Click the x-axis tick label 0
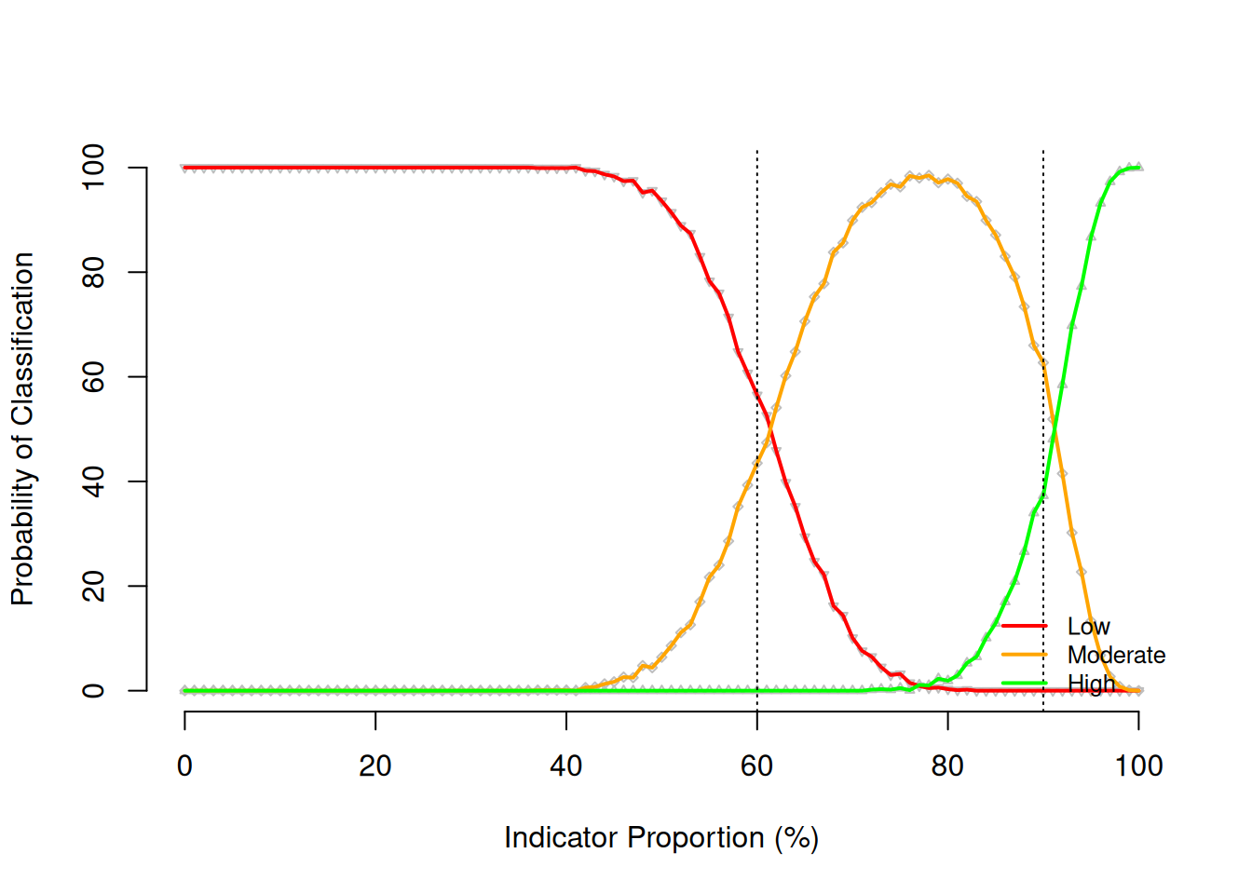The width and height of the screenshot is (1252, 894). (x=184, y=766)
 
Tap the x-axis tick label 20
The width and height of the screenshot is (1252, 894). (x=375, y=766)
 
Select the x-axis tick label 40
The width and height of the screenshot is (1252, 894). (x=566, y=766)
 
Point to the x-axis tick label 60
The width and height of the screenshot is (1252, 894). (x=757, y=766)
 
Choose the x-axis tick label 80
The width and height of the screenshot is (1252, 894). (x=947, y=766)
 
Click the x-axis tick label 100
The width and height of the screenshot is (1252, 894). (x=1138, y=766)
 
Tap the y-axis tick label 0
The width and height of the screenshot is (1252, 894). (x=93, y=691)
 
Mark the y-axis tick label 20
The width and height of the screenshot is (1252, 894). (x=93, y=587)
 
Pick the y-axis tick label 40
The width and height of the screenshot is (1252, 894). (x=93, y=481)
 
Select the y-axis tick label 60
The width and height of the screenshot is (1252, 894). (x=93, y=377)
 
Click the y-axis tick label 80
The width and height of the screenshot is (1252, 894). (x=93, y=272)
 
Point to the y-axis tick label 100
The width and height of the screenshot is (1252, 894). (x=93, y=168)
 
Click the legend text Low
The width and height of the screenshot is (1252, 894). (x=1088, y=627)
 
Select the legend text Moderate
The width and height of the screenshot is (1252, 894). (x=1116, y=656)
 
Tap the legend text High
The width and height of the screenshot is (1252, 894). (x=1091, y=684)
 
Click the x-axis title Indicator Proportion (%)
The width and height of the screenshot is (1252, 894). (x=661, y=838)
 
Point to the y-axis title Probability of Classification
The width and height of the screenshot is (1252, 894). (x=22, y=429)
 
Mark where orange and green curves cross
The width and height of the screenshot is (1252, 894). (x=1054, y=426)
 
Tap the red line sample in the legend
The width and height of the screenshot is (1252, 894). (x=1025, y=627)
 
